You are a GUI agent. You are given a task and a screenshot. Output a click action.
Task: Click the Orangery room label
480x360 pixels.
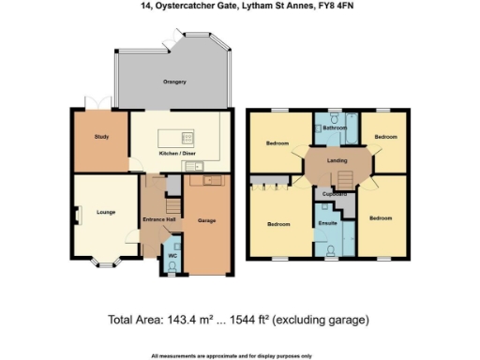pyautogui.click(x=174, y=82)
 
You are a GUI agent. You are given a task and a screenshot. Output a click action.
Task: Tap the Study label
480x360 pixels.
pyautogui.click(x=102, y=137)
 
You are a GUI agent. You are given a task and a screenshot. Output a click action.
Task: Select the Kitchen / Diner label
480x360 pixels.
pyautogui.click(x=176, y=152)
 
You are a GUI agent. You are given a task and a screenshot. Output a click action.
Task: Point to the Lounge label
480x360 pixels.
pyautogui.click(x=105, y=212)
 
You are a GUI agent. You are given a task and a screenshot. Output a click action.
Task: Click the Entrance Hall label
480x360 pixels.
pyautogui.click(x=154, y=219)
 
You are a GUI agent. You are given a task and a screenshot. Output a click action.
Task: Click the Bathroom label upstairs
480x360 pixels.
pyautogui.click(x=336, y=127)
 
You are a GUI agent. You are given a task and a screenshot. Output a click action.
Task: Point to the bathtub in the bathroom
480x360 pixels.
pyautogui.click(x=336, y=140)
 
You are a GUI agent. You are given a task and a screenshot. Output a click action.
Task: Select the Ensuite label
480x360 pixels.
pyautogui.click(x=328, y=224)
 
